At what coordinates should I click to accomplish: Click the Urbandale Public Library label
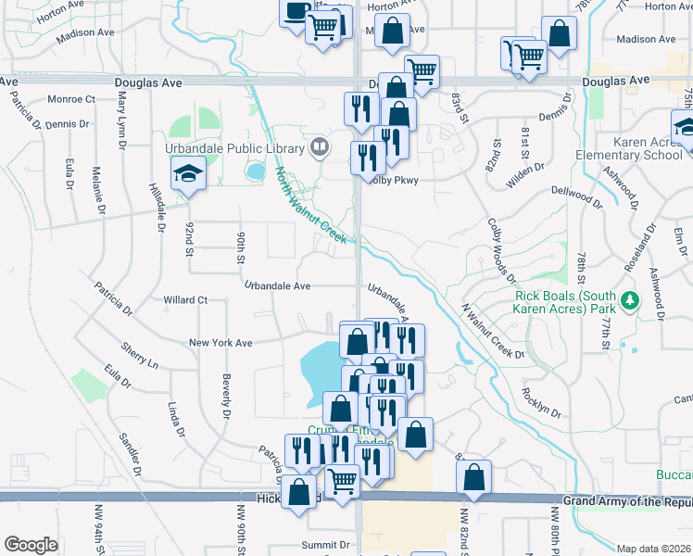tap(234, 148)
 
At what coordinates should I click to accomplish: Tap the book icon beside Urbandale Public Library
tap(319, 146)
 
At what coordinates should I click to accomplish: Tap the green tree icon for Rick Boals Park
tap(630, 300)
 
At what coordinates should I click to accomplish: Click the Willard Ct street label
tap(185, 300)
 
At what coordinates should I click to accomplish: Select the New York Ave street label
tap(220, 343)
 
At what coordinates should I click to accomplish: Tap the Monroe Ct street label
tap(71, 99)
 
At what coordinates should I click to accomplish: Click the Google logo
tap(31, 545)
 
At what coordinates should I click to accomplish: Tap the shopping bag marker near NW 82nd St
tap(473, 478)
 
